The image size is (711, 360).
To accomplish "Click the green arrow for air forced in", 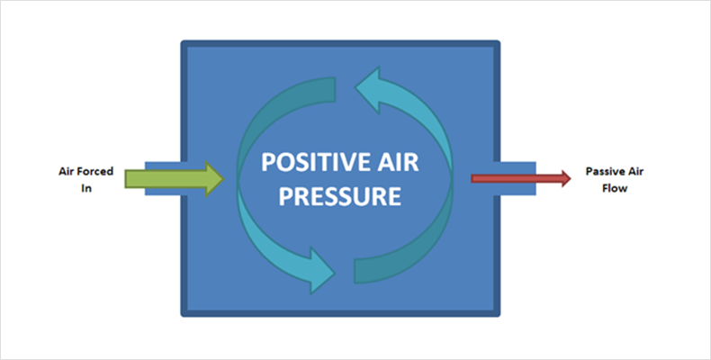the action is point(174,178).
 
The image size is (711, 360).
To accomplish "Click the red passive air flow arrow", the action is point(520,178).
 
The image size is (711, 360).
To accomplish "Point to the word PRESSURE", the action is point(339,196).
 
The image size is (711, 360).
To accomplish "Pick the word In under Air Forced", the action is point(86,188).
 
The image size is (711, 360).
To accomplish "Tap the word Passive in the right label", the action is point(599,172).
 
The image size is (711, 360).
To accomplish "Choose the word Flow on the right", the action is point(615,188).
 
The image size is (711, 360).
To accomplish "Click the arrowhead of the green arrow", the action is point(215,178).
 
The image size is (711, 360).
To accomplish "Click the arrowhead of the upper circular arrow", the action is point(367,90).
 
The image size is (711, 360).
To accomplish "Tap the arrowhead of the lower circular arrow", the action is point(323,271).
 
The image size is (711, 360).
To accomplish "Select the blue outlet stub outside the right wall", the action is point(517,178).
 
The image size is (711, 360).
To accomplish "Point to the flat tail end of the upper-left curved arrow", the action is point(335,89).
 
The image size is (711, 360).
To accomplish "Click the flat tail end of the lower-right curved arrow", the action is point(355,271).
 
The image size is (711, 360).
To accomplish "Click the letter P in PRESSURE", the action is point(285,196).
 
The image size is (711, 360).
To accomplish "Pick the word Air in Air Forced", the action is point(67,172).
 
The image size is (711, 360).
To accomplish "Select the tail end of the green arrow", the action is point(126,178).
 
